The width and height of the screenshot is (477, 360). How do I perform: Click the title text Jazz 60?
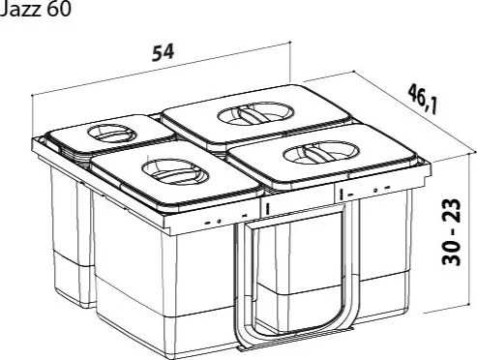pos(35,9)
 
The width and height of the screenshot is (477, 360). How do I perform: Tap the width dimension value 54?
pos(164,52)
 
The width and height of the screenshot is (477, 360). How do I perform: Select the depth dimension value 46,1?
pos(423,99)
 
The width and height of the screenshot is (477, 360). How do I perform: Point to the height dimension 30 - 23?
pos(451,231)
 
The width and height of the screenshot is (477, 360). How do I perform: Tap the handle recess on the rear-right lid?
pos(255,113)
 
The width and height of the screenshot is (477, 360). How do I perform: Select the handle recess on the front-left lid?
pos(176,173)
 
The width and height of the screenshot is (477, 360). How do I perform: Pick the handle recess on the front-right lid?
pos(321,152)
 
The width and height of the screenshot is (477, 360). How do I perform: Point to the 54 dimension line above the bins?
pos(162,69)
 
